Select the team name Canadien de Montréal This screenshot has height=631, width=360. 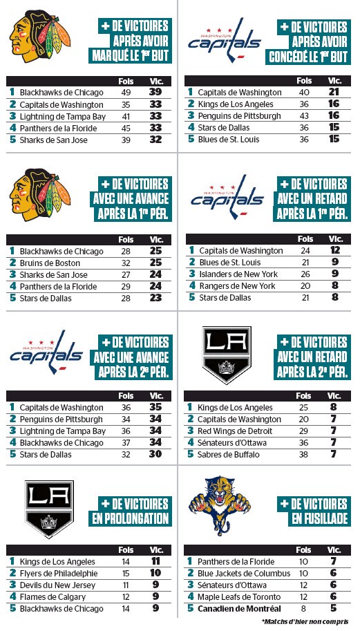click(239, 608)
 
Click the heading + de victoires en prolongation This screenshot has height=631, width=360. click(131, 511)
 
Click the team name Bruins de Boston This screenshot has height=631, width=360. click(50, 263)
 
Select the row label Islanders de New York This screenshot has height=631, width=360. click(237, 274)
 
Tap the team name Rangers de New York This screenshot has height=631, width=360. click(236, 286)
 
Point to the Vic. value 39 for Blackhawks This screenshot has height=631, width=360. click(156, 93)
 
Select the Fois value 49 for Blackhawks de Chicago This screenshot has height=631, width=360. click(126, 93)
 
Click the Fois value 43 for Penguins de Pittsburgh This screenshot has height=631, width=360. click(305, 115)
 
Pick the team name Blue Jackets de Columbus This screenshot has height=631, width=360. click(244, 573)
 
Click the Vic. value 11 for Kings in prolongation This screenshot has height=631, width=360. click(156, 561)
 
